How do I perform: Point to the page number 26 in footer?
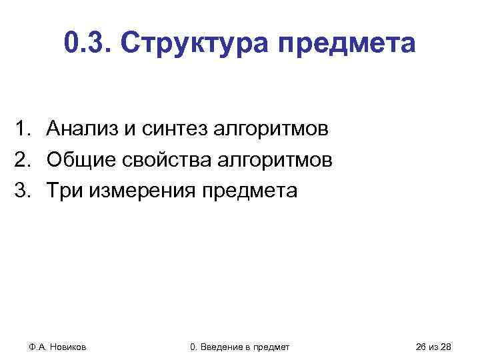[x=421, y=347]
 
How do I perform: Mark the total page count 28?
[x=447, y=347]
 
